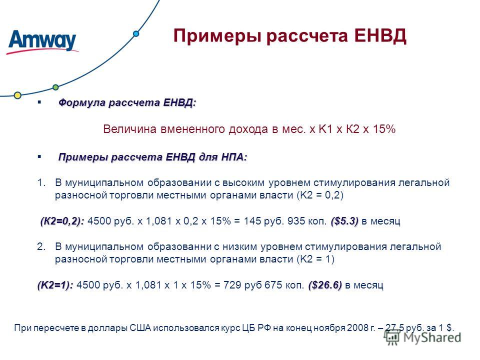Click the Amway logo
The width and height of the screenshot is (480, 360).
(42, 42)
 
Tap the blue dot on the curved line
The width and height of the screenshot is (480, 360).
(136, 33)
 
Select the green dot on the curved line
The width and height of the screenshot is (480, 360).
(55, 87)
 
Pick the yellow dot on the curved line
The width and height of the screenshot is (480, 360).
(18, 95)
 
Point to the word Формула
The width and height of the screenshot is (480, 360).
(82, 102)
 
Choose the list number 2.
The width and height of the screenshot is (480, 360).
(41, 246)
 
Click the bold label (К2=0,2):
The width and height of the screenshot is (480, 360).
(62, 221)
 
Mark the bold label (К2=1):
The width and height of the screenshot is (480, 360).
(55, 285)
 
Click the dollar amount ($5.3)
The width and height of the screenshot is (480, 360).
(344, 221)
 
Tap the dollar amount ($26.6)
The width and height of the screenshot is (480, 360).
(325, 285)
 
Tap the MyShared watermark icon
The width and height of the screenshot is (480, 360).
(392, 337)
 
